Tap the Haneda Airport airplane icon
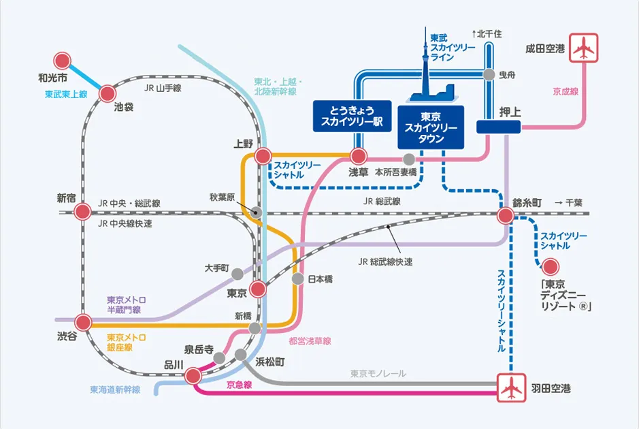pyautogui.click(x=510, y=388)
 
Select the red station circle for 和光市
pyautogui.click(x=63, y=60)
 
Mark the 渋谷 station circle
pyautogui.click(x=84, y=322)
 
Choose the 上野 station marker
pyautogui.click(x=263, y=157)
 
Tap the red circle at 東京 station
pyautogui.click(x=257, y=289)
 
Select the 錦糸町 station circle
pyautogui.click(x=505, y=216)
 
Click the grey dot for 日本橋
pyautogui.click(x=297, y=279)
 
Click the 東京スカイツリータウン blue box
pyautogui.click(x=430, y=127)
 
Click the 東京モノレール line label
pyautogui.click(x=378, y=373)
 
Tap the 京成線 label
pyautogui.click(x=566, y=90)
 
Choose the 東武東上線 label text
pyautogui.click(x=66, y=94)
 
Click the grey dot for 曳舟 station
pyautogui.click(x=488, y=75)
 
